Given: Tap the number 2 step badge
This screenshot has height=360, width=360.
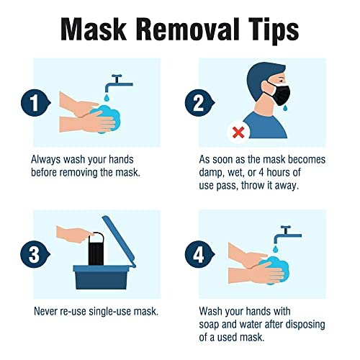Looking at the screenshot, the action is (199, 103).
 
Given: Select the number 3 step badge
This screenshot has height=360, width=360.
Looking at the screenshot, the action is (35, 254).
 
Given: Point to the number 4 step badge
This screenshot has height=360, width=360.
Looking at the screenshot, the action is (199, 254).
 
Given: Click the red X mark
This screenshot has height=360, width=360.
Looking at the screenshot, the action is (238, 132).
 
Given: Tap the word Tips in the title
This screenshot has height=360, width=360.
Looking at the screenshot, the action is (274, 30).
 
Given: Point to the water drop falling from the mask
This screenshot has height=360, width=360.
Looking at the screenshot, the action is (285, 109).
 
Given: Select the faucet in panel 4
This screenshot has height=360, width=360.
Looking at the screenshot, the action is (287, 234).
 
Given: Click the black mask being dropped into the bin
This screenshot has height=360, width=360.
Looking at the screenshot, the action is (96, 249).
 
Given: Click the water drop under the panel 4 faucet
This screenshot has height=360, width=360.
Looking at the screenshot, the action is (276, 249).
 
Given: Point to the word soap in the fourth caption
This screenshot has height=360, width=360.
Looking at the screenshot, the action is (209, 325).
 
